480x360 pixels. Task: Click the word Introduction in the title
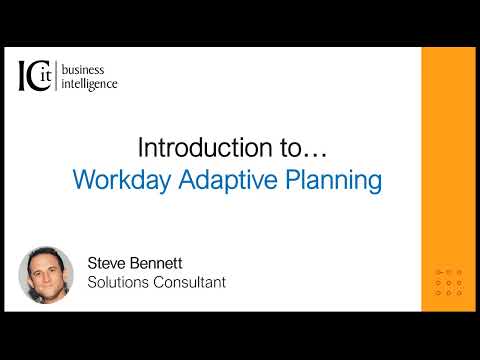click(x=202, y=148)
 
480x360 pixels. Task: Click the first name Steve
click(x=110, y=265)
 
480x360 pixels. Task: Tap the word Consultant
click(x=191, y=283)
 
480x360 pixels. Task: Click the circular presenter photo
click(x=47, y=275)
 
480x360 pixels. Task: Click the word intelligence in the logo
click(x=90, y=84)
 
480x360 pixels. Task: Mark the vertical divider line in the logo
click(x=57, y=76)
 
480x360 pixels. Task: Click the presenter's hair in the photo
click(x=47, y=254)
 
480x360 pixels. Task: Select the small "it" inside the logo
click(x=44, y=76)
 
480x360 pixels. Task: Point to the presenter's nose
click(x=47, y=278)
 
